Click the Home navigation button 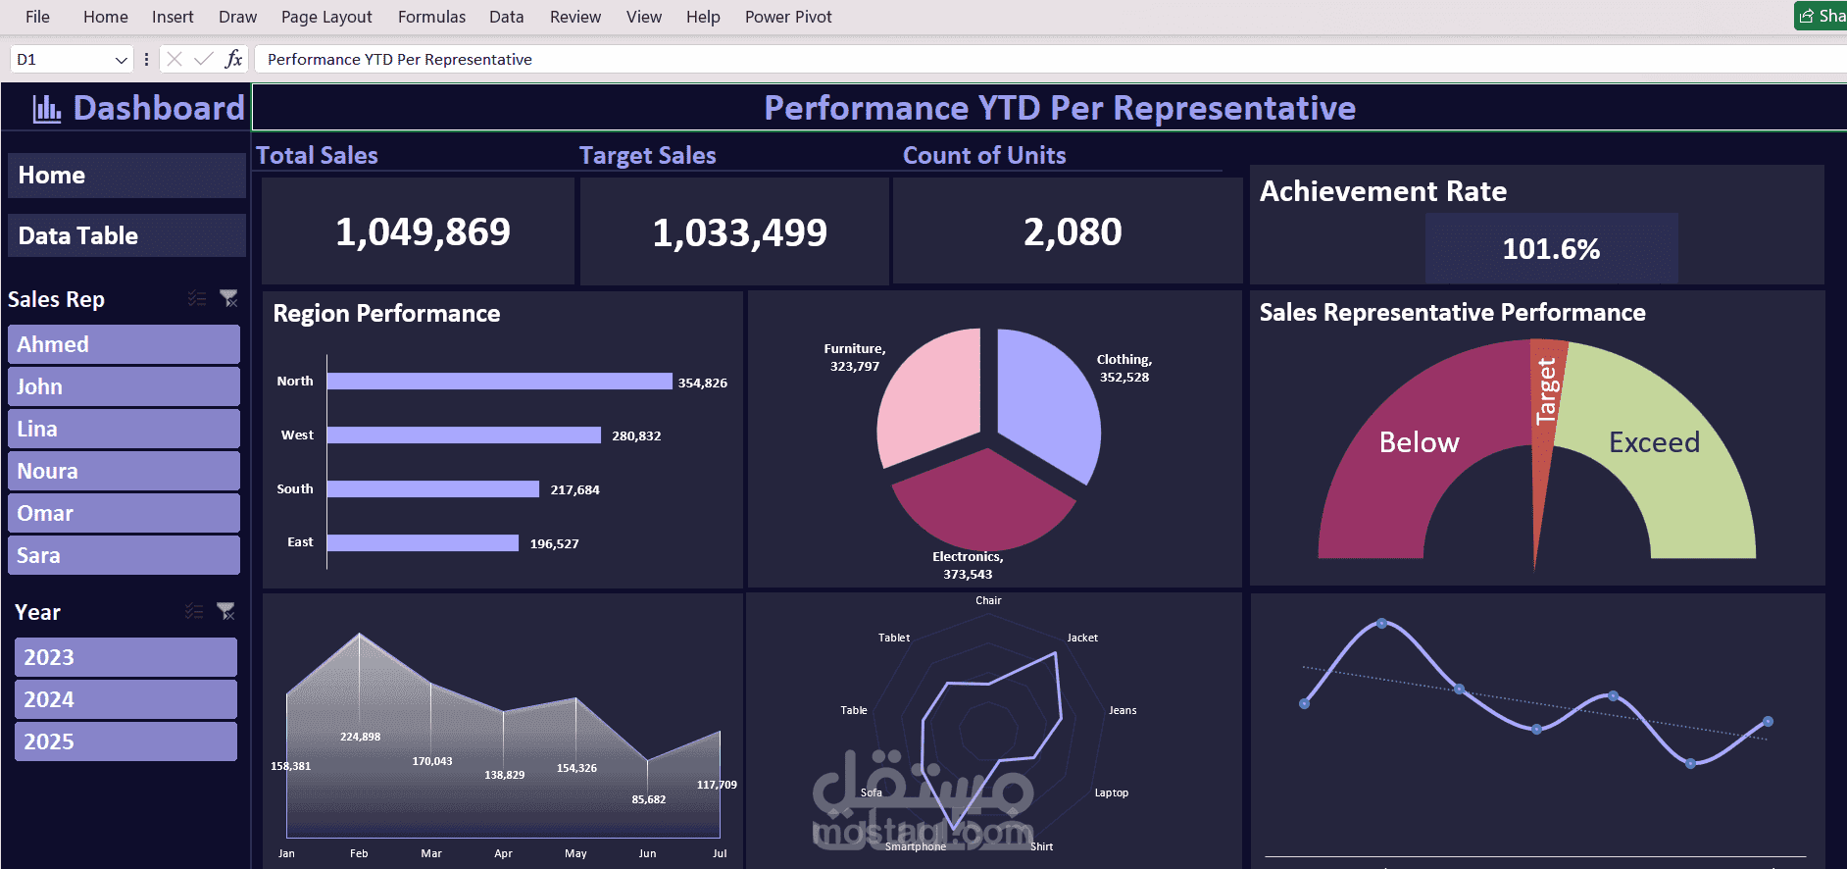tap(125, 176)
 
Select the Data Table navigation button tap(125, 235)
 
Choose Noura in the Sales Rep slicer tap(124, 471)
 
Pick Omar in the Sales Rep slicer tap(124, 513)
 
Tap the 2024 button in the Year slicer tap(125, 699)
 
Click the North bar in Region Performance tap(499, 382)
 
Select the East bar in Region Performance tap(423, 542)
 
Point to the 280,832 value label tap(636, 435)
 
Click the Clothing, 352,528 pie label tap(1123, 368)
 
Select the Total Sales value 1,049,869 tap(423, 232)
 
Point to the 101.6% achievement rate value tap(1551, 249)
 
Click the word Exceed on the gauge tap(1654, 442)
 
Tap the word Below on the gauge tap(1419, 442)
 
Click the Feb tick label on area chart tap(359, 853)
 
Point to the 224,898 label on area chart tap(360, 737)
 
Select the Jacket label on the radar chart tap(1082, 638)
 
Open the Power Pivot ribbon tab tap(787, 17)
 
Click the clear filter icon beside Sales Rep tap(228, 298)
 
